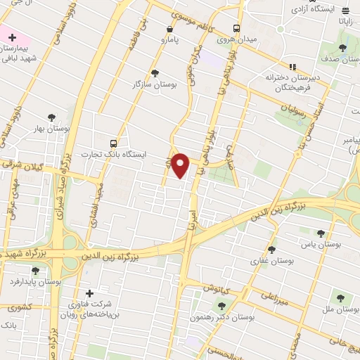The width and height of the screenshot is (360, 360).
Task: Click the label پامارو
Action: (169, 40)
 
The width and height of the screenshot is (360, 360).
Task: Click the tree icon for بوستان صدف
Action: (342, 48)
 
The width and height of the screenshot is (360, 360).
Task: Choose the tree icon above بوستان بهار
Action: (51, 118)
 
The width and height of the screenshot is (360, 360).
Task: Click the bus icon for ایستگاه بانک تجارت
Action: (124, 143)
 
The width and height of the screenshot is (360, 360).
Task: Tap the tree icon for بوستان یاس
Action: (321, 233)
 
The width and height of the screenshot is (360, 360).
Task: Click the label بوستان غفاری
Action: (272, 261)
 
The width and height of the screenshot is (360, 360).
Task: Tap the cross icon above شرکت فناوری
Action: (89, 293)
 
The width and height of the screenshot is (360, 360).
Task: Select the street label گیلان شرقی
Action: (28, 167)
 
